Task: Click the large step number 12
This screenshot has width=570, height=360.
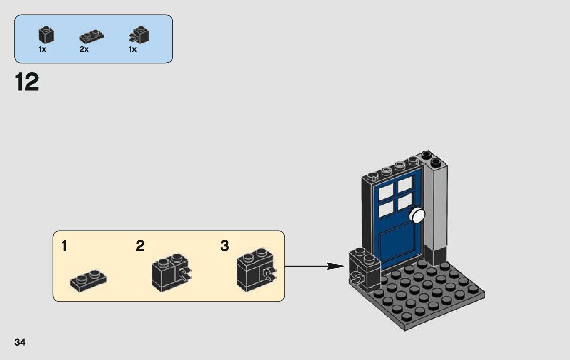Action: coord(27,82)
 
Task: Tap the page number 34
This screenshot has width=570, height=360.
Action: coord(20,342)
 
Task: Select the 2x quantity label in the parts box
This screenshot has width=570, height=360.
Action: coord(84,49)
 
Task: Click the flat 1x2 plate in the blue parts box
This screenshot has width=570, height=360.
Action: coord(91,36)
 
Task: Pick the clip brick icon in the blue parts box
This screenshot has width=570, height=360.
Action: coord(139,35)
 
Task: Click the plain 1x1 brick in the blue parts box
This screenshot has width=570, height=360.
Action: coord(46,35)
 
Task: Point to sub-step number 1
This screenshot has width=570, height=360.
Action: coord(64,246)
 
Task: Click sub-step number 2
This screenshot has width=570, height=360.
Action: coord(140,246)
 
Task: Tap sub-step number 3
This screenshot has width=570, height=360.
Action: coord(225,246)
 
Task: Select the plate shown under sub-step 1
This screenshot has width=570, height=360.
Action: coord(88,280)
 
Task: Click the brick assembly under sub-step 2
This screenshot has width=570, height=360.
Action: coord(172,273)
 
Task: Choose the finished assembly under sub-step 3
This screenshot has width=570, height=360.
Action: coord(256,270)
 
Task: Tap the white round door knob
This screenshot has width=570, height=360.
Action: coord(417,215)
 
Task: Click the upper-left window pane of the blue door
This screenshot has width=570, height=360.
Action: coord(386,192)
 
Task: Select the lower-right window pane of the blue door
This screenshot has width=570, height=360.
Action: coord(405,202)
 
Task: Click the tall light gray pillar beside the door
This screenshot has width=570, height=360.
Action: coord(435,207)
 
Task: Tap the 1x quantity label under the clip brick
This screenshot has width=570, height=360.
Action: coord(132,49)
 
